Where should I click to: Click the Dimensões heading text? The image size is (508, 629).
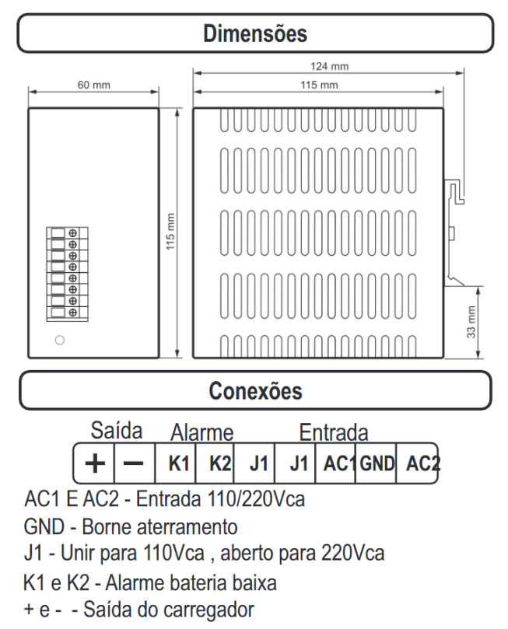[x=255, y=33]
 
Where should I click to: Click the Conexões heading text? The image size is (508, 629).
[x=255, y=391]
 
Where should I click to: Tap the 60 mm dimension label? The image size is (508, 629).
[x=93, y=85]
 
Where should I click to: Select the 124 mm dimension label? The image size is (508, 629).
[x=329, y=66]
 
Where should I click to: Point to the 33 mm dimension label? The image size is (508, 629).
[x=471, y=322]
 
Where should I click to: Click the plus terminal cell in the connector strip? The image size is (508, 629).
[x=95, y=463]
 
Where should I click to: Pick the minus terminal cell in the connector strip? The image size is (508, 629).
[x=134, y=463]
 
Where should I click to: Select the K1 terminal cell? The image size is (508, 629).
[x=175, y=463]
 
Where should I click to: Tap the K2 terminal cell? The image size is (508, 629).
[x=215, y=463]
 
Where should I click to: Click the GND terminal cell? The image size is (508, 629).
[x=377, y=463]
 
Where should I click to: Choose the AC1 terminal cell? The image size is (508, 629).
[x=336, y=463]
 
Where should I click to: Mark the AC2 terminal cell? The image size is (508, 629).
[x=417, y=463]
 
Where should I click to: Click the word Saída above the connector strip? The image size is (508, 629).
[x=117, y=431]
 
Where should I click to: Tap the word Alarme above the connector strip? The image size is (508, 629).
[x=201, y=432]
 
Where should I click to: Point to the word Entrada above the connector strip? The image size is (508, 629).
[x=334, y=432]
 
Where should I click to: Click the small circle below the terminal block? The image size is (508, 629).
[x=60, y=341]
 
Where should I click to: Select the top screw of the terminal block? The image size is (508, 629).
[x=72, y=233]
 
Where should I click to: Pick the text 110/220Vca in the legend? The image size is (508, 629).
[x=256, y=499]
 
